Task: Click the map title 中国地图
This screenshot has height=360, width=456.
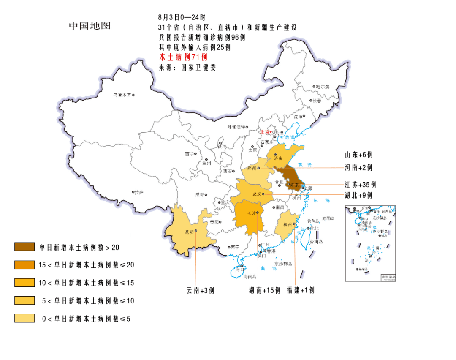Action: pyautogui.click(x=90, y=26)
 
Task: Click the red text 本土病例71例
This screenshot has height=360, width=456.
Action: pyautogui.click(x=183, y=57)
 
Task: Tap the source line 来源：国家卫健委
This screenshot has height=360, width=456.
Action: pyautogui.click(x=187, y=67)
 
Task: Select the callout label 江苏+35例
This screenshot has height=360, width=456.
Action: pyautogui.click(x=360, y=185)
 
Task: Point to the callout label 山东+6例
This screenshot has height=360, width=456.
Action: pyautogui.click(x=358, y=155)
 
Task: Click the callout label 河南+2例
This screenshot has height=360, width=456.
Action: pyautogui.click(x=358, y=168)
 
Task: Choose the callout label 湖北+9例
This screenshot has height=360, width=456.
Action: pyautogui.click(x=358, y=195)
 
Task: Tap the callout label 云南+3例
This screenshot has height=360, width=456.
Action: pyautogui.click(x=200, y=291)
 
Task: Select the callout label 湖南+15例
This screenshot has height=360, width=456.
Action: pyautogui.click(x=265, y=291)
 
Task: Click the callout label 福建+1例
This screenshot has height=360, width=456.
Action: pyautogui.click(x=301, y=290)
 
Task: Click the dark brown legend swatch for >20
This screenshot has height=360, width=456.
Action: pyautogui.click(x=24, y=247)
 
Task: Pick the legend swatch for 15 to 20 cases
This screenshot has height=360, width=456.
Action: pyautogui.click(x=24, y=265)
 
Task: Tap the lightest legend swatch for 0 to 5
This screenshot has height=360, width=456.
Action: pyautogui.click(x=24, y=318)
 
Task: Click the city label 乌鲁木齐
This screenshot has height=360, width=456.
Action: pyautogui.click(x=122, y=95)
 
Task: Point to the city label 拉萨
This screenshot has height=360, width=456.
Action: pyautogui.click(x=139, y=192)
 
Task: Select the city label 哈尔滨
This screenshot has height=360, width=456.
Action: pyautogui.click(x=323, y=87)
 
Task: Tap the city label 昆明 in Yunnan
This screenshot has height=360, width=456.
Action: pyautogui.click(x=189, y=232)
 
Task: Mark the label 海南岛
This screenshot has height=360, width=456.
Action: pyautogui.click(x=249, y=277)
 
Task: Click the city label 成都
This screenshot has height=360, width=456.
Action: pyautogui.click(x=199, y=195)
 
